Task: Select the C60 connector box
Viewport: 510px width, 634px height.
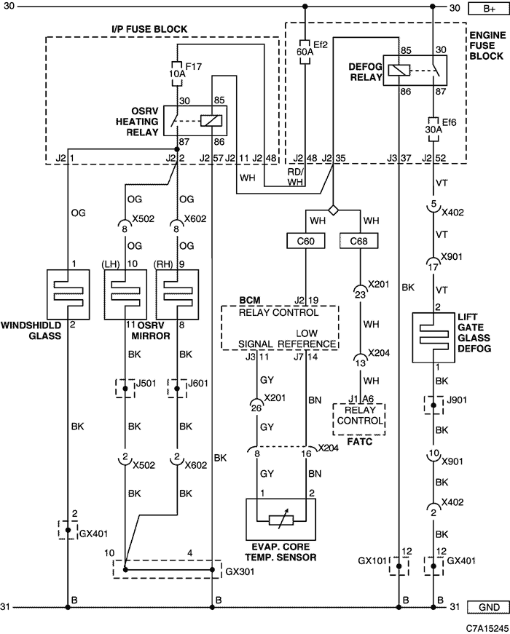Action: click(305, 240)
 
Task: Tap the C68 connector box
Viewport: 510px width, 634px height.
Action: click(358, 240)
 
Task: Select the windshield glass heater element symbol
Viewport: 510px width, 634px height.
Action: click(67, 294)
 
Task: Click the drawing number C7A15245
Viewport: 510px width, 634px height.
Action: click(481, 626)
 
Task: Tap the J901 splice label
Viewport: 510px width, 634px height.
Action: click(458, 401)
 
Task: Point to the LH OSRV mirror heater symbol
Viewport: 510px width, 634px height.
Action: click(125, 294)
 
